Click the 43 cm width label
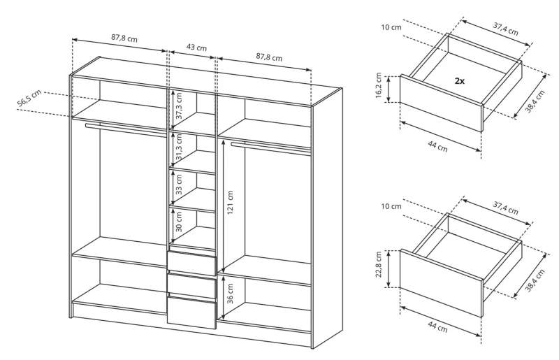pos(197,48)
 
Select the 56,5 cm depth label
pos(29,99)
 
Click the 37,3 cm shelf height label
pos(178,106)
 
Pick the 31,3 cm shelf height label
pos(178,149)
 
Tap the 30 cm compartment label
pos(178,225)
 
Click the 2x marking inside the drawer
pos(460,81)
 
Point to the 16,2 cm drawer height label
pos(379,88)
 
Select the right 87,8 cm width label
pos(268,57)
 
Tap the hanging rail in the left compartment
pos(126,130)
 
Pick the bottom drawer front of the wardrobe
pos(191,313)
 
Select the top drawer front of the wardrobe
pos(191,263)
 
